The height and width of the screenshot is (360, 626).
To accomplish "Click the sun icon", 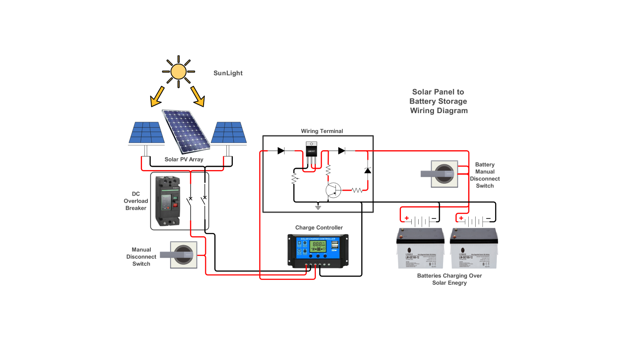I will pyautogui.click(x=178, y=71).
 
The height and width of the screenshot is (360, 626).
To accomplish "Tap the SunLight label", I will pyautogui.click(x=228, y=73).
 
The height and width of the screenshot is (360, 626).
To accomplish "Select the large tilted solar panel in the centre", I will pyautogui.click(x=186, y=131).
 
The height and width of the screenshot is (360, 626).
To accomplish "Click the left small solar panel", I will pyautogui.click(x=146, y=133).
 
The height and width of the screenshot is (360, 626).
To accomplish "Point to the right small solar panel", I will pyautogui.click(x=229, y=133).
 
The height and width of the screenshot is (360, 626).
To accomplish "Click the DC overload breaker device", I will pyautogui.click(x=168, y=201).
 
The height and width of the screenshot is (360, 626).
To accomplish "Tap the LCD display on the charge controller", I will pyautogui.click(x=318, y=246).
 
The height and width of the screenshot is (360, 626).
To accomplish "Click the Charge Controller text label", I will pyautogui.click(x=319, y=227).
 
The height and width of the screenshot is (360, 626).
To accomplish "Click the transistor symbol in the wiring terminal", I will pyautogui.click(x=333, y=190).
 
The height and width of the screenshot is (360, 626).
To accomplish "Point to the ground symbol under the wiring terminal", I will pyautogui.click(x=318, y=207).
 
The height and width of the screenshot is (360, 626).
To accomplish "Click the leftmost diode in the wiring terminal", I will pyautogui.click(x=281, y=151).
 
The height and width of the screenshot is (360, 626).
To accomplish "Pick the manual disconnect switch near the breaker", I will pyautogui.click(x=183, y=255).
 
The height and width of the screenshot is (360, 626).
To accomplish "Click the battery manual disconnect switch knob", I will pyautogui.click(x=444, y=174).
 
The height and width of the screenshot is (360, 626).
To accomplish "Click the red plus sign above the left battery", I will pyautogui.click(x=407, y=218).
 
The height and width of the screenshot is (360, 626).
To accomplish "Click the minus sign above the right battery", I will pyautogui.click(x=488, y=218).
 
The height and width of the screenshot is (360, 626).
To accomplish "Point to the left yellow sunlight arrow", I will pyautogui.click(x=157, y=97).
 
